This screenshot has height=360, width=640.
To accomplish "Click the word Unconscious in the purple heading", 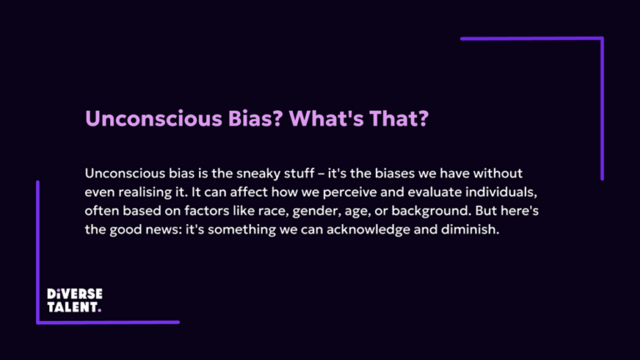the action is tap(153, 118).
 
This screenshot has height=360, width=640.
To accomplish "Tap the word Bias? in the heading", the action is tap(256, 118).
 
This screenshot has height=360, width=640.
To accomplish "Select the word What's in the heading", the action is tap(326, 118).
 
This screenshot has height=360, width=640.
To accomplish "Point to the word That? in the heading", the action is tap(399, 118).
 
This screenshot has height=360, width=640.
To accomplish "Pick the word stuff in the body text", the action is tap(299, 173).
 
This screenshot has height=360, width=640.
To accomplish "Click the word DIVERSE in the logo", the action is tap(75, 294).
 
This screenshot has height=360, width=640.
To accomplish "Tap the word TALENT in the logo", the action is tap(72, 307).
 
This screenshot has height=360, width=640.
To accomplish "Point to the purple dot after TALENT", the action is tap(100, 311).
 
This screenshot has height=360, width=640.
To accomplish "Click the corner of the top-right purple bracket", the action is tap(602, 39).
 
